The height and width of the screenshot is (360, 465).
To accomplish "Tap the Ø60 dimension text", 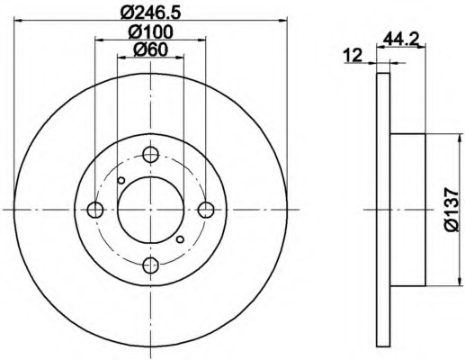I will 150,50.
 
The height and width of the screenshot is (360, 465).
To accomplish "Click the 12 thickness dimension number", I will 353,55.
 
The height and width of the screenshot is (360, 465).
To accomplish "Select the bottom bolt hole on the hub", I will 151,265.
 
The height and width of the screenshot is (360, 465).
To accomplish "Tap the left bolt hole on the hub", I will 96,210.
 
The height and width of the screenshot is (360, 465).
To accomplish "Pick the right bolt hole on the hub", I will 206,210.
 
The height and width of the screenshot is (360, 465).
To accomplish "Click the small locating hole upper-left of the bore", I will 121,181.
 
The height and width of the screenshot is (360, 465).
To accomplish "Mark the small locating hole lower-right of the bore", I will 181,238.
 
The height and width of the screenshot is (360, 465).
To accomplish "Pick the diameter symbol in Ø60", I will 138,50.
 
